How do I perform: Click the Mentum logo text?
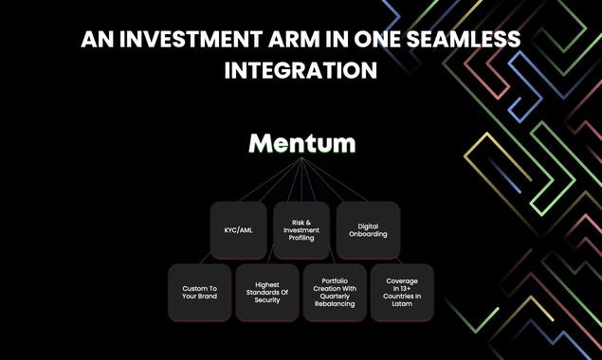[302, 144]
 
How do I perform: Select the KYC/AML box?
[238, 229]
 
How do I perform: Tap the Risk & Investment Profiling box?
[302, 229]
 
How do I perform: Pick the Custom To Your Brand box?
[199, 292]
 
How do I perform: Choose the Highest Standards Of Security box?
[267, 292]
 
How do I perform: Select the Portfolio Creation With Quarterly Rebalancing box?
[335, 292]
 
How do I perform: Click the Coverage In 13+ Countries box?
[403, 292]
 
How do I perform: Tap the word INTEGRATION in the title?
[301, 70]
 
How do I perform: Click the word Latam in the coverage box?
[403, 303]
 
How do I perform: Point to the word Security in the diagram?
[267, 300]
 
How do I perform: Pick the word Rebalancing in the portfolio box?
[335, 303]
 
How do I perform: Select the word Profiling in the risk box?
[302, 238]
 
